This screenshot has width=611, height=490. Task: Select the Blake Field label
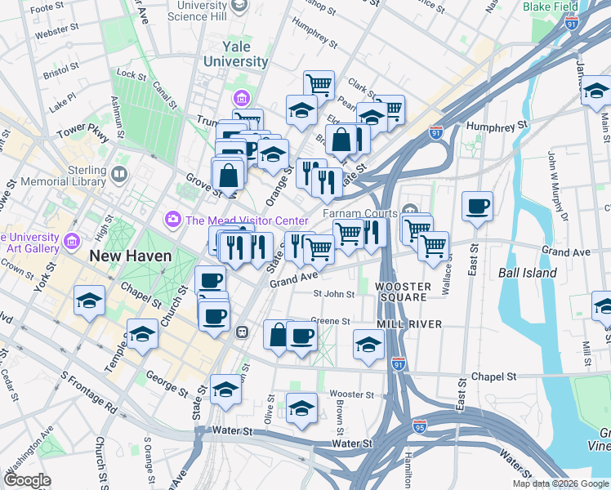point(551,7)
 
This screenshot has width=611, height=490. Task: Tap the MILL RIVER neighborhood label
point(409,324)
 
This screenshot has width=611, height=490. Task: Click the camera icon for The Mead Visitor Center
point(172,219)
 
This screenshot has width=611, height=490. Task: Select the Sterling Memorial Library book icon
point(120,174)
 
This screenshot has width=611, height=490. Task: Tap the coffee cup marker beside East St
point(477,207)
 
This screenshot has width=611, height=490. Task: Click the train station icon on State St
point(242,332)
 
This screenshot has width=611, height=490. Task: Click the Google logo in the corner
point(28,480)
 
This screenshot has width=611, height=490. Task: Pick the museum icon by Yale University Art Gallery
point(72,241)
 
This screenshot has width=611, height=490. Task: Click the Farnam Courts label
point(359,213)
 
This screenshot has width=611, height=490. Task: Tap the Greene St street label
point(330,322)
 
